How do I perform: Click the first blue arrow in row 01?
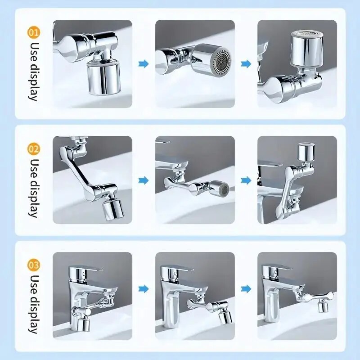pos(144,64)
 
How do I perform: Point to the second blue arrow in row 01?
pos(246,64)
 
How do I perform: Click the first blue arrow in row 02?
pos(144,180)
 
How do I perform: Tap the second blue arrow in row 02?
pos(246,180)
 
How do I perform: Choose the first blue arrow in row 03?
pos(144,288)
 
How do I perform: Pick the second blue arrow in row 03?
pos(246,288)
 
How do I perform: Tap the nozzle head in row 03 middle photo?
pos(225,315)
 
